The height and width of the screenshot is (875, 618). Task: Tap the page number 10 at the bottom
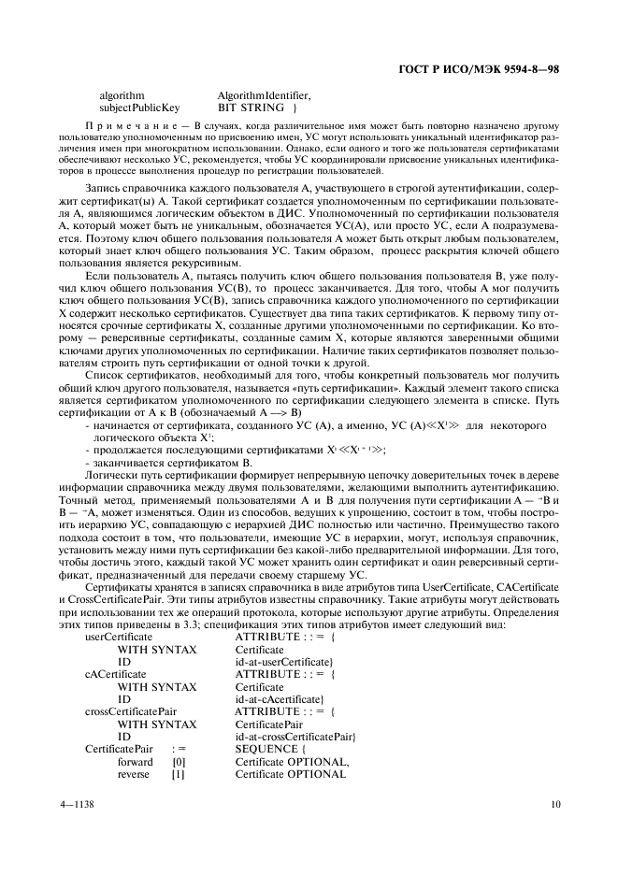click(x=554, y=803)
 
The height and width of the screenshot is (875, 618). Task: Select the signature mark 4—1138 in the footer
click(x=79, y=803)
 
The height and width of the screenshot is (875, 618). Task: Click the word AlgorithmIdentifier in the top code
click(x=264, y=95)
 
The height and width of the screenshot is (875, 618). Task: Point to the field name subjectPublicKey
click(x=140, y=108)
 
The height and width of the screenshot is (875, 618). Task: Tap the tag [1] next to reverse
click(x=179, y=774)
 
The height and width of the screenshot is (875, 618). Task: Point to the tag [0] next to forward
click(x=179, y=762)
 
